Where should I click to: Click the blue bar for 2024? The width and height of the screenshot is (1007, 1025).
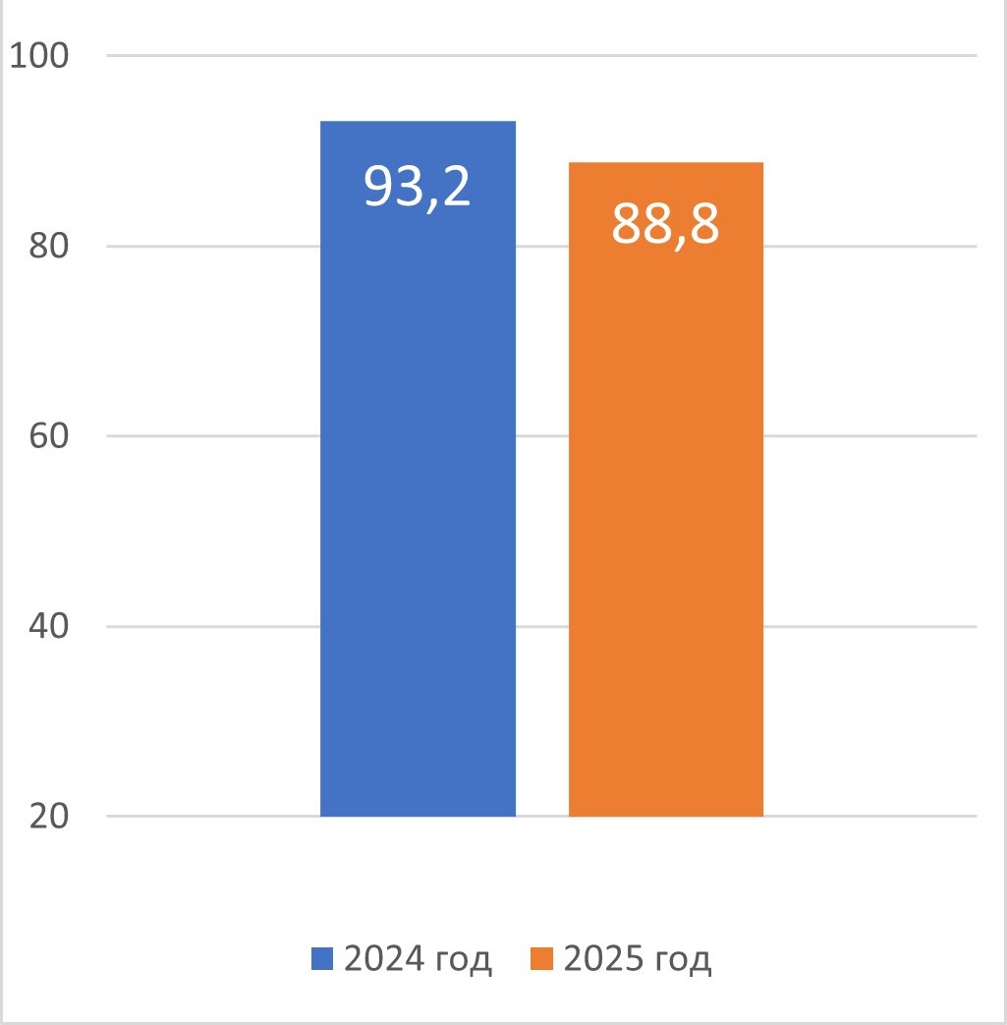point(418,491)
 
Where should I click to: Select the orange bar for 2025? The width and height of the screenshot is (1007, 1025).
point(666,511)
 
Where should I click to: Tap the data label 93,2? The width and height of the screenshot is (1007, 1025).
point(418,185)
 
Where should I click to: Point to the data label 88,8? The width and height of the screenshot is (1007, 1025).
point(666,225)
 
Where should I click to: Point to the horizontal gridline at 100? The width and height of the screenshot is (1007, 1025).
point(196,55)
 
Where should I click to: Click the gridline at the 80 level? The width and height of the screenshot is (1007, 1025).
point(196,246)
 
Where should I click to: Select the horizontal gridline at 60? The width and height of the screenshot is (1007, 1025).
point(196,436)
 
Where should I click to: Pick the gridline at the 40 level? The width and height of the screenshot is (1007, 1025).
point(196,626)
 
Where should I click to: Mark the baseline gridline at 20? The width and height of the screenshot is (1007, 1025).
point(196,816)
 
